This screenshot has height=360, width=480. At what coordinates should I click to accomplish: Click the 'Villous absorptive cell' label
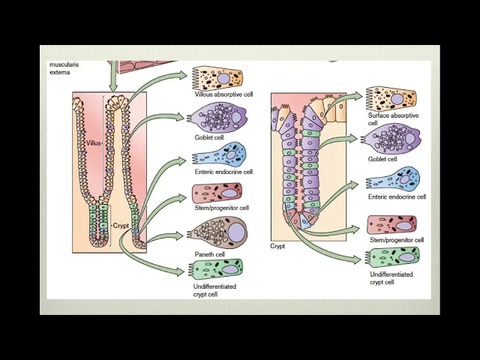pos(223,94)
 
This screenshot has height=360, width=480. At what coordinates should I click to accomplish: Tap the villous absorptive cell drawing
pos(217,79)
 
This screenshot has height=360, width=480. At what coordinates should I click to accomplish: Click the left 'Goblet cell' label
pos(209,138)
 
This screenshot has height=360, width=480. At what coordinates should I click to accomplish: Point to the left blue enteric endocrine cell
pos(220,156)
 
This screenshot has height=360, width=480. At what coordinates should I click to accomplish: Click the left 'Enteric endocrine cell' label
pos(223,172)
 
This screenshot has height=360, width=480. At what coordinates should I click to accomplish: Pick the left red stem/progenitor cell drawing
pos(217,193)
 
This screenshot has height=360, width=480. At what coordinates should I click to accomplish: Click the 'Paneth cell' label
pos(210,254)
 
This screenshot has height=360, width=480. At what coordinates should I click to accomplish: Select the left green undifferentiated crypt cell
pos(217,269)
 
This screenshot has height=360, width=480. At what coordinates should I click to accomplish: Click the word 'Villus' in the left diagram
pos(93,142)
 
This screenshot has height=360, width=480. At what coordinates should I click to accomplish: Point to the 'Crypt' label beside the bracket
pos(120,225)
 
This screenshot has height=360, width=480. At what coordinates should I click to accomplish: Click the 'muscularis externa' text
pos(64,68)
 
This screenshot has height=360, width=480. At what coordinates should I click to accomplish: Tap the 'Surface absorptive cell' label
pos(393,119)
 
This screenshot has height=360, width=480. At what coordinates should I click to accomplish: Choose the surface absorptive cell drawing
pos(391,98)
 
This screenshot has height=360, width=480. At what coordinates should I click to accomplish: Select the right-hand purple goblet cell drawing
pos(391,139)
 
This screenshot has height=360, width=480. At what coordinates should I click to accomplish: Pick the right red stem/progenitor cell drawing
pos(392,224)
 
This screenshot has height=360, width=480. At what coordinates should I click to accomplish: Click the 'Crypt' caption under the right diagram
pos(277,246)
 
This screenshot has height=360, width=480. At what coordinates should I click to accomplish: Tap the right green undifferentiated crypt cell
pos(394,257)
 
